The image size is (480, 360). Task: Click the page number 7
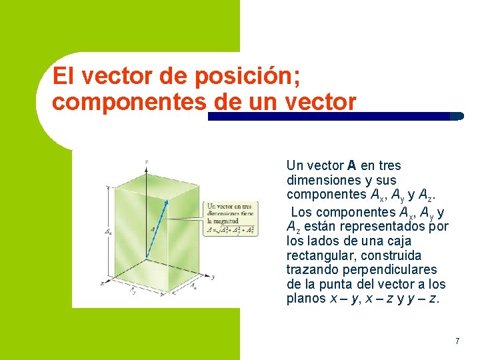[457, 341]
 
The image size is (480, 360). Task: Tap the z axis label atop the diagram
[146, 162]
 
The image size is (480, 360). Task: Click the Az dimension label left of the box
[108, 232]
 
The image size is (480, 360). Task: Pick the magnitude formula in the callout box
[230, 230]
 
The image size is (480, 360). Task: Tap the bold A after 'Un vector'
[351, 165]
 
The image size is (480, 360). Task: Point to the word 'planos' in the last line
[306, 299]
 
